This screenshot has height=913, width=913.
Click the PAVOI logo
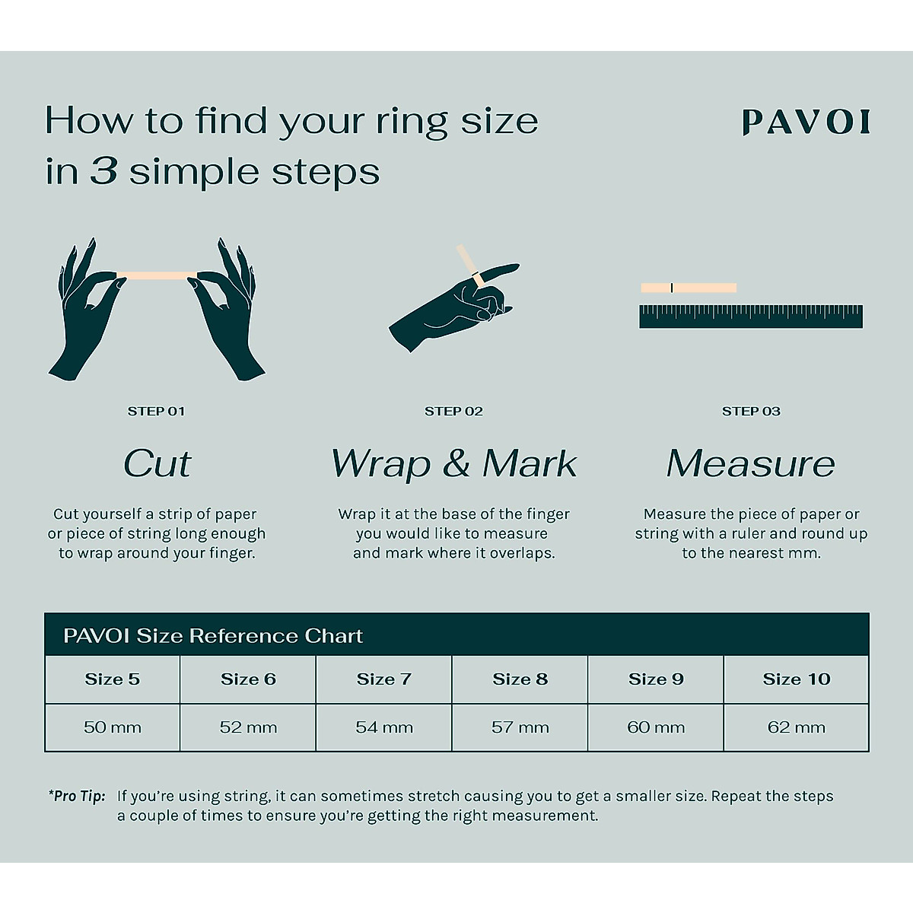[806, 122]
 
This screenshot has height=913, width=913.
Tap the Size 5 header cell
[113, 679]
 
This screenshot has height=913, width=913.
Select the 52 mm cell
[248, 727]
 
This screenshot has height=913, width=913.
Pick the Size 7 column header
[383, 679]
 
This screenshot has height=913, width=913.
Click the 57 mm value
[520, 727]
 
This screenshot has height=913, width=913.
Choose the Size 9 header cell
[656, 679]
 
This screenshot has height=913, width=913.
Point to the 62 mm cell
[797, 727]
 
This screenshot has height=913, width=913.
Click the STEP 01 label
[156, 411]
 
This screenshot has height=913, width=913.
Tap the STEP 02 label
[453, 411]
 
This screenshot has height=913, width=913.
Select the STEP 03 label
[751, 411]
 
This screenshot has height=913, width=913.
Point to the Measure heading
[750, 463]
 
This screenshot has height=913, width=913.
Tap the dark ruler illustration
[751, 317]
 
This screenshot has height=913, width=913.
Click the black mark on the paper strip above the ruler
[671, 288]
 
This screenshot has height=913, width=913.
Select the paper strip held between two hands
[157, 275]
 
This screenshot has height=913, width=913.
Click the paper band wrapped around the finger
[476, 278]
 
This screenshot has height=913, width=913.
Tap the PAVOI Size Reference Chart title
[213, 636]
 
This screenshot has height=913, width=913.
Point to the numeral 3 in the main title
[103, 171]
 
